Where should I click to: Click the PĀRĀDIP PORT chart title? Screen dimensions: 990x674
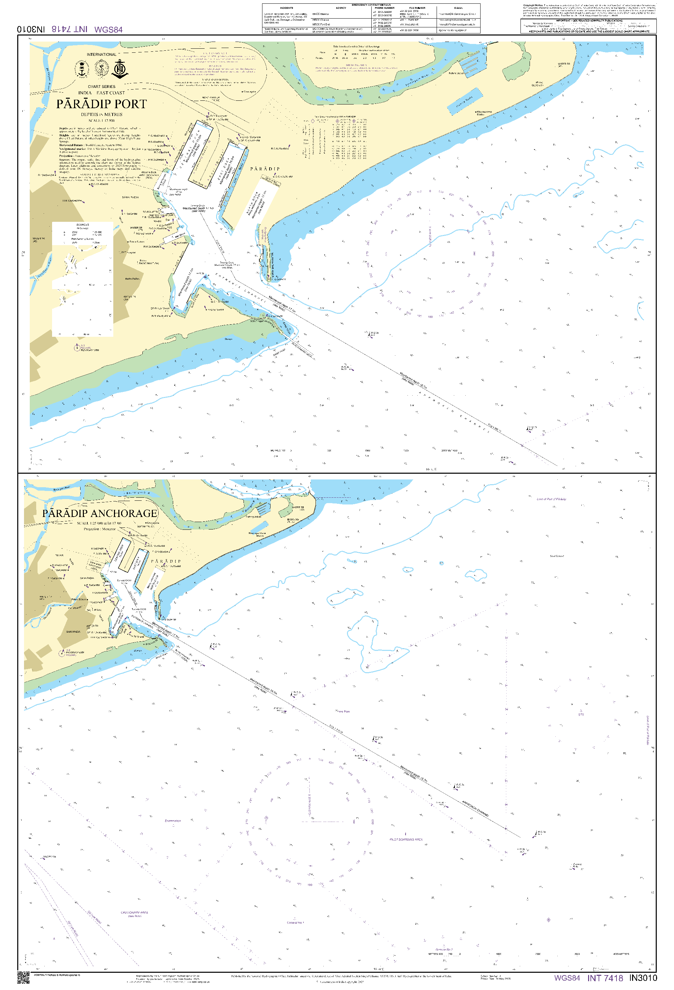[x=101, y=104]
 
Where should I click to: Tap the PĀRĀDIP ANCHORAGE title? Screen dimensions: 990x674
[x=100, y=513]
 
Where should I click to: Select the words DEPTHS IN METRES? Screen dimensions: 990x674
[x=101, y=115]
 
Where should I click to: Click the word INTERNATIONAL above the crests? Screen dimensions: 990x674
[x=101, y=54]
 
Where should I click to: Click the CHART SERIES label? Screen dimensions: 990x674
[x=101, y=87]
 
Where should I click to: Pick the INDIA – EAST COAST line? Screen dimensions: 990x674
[x=101, y=93]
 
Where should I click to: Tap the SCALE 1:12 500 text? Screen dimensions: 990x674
[x=101, y=121]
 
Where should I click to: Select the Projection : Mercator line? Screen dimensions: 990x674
[x=100, y=529]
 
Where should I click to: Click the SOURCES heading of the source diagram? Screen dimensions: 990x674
[x=83, y=225]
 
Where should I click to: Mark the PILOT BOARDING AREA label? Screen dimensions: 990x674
[x=406, y=840]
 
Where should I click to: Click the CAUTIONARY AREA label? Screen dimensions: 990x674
[x=134, y=913]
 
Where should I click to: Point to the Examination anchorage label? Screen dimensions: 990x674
[x=172, y=821]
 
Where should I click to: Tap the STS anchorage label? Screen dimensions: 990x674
[x=581, y=714]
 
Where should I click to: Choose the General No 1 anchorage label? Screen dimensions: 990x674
[x=295, y=923]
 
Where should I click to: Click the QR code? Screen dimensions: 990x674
[x=23, y=977]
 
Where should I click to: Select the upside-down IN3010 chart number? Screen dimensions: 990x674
[x=31, y=29]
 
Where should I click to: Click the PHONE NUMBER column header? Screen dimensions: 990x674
[x=384, y=8]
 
